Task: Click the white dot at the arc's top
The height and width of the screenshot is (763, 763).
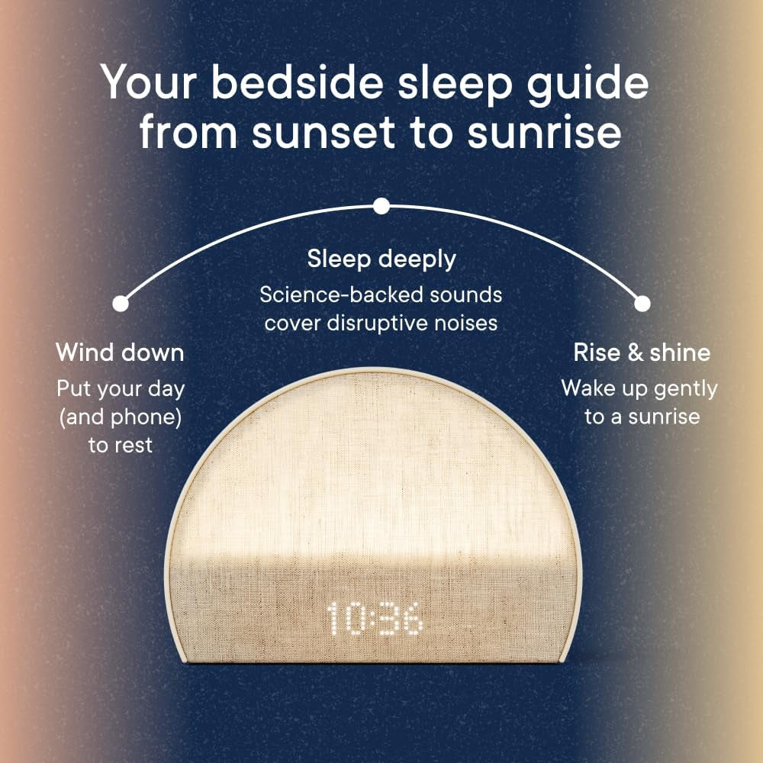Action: pyautogui.click(x=381, y=206)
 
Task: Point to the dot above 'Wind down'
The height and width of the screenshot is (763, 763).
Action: pyautogui.click(x=120, y=304)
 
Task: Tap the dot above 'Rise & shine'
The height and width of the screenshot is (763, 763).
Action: pyautogui.click(x=642, y=304)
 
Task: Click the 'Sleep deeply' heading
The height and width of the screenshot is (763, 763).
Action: pyautogui.click(x=381, y=259)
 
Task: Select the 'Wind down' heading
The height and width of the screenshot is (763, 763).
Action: pyautogui.click(x=120, y=353)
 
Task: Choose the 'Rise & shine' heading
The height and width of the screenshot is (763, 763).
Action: pyautogui.click(x=642, y=353)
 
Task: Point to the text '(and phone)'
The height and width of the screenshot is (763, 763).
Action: pyautogui.click(x=120, y=417)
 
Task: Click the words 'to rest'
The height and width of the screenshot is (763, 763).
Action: pyautogui.click(x=120, y=445)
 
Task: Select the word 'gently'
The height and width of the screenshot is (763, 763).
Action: pyautogui.click(x=684, y=388)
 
